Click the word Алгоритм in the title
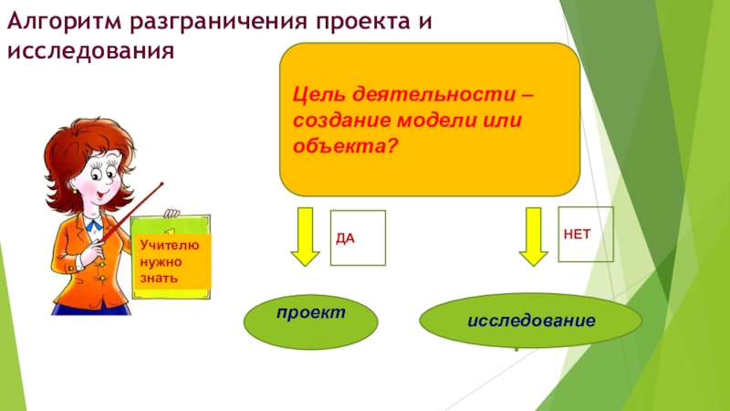(x=55, y=19)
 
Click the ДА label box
(x=358, y=237)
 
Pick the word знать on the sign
(x=159, y=277)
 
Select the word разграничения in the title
(x=201, y=19)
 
